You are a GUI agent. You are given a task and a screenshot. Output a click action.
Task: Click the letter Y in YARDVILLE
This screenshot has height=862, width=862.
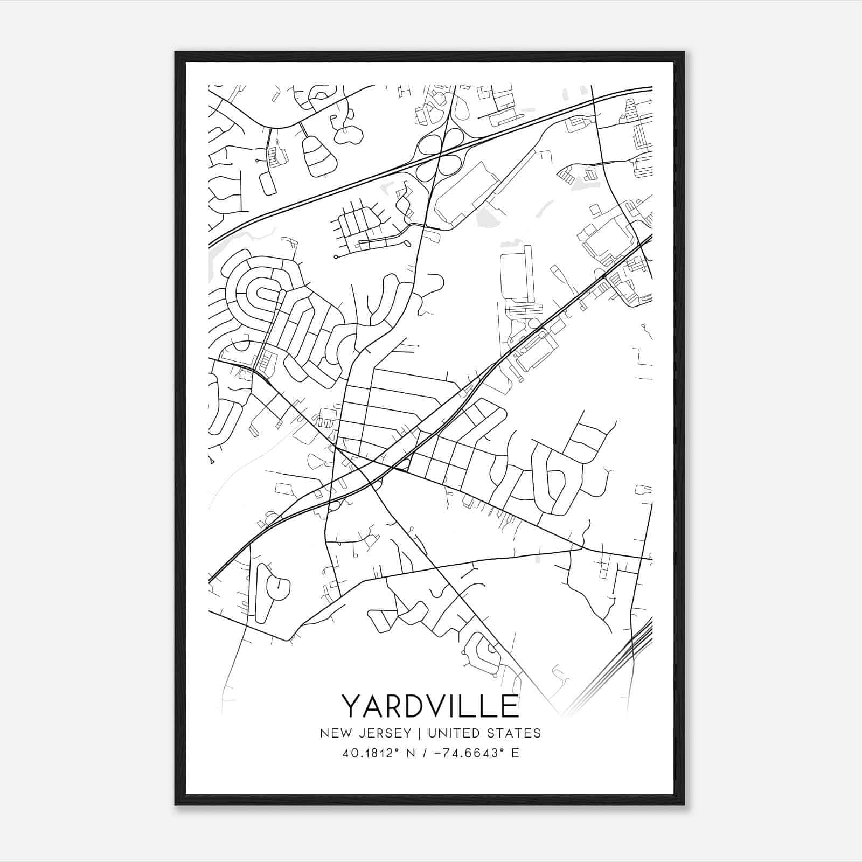point(352,706)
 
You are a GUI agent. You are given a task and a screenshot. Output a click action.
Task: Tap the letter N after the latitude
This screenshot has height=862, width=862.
point(412,753)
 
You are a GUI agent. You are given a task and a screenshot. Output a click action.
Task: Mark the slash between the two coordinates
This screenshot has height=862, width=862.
point(427,753)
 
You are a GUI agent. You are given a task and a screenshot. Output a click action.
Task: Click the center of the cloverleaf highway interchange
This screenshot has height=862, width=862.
point(441,152)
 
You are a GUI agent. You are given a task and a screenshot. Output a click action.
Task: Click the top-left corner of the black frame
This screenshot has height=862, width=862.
point(176,52)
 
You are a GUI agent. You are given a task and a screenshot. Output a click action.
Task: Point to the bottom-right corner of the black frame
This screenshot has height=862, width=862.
point(684,804)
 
